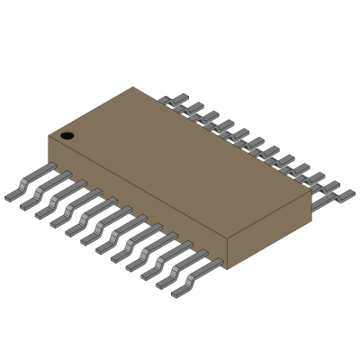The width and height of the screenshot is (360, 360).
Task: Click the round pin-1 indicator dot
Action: (x=67, y=136)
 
